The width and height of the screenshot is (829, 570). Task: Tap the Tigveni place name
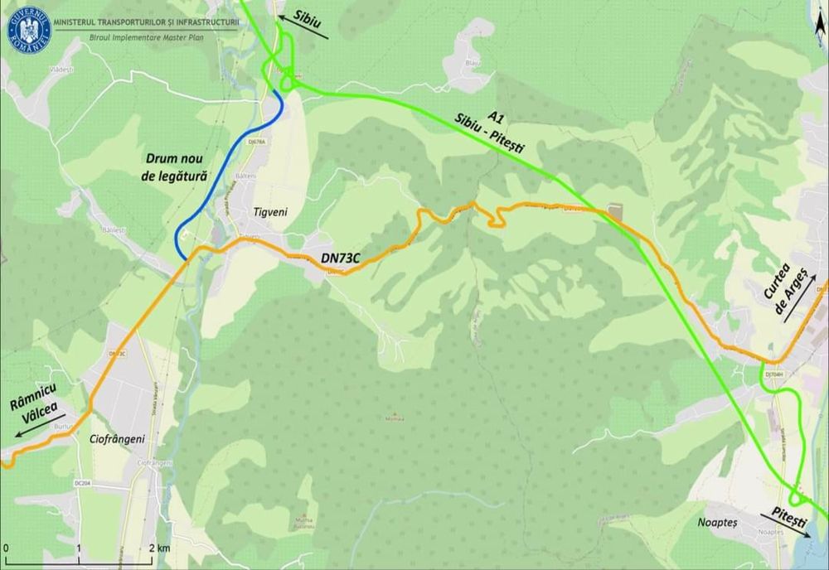(x=269, y=212)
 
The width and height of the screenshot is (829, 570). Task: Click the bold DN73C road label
(x=340, y=258)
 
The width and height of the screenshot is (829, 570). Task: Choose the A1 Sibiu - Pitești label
(x=489, y=129)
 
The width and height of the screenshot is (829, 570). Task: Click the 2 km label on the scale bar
(x=159, y=548)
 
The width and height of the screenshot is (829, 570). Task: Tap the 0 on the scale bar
(x=6, y=548)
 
